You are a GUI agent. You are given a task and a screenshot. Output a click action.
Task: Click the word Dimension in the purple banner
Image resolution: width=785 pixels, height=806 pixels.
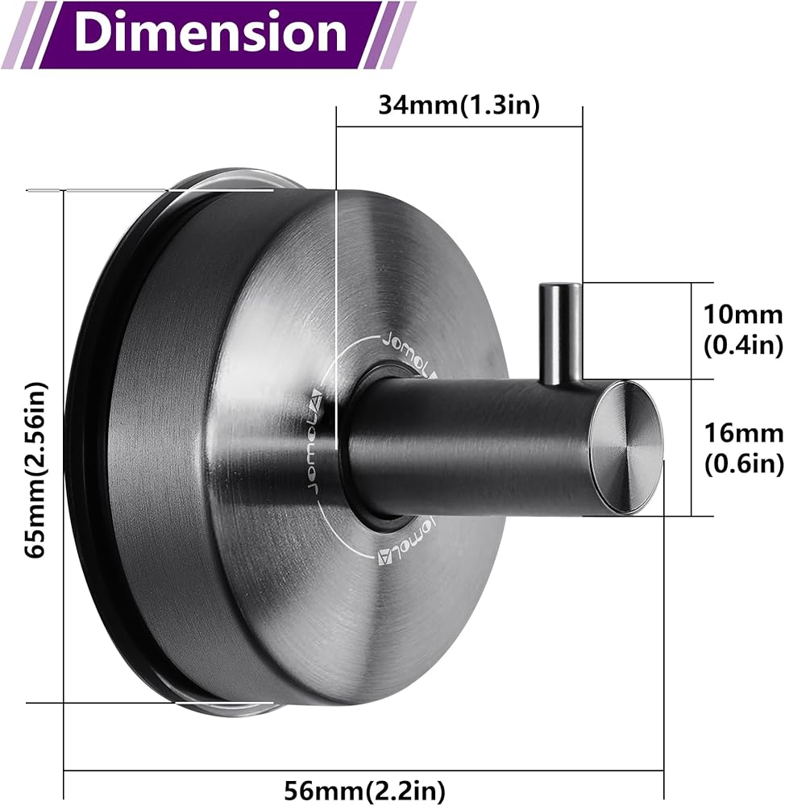point(210,33)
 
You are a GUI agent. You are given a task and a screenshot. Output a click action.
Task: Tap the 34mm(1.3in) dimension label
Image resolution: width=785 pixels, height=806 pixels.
point(459,106)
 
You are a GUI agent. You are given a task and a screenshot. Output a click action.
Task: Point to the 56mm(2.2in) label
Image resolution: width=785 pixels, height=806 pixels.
point(364,790)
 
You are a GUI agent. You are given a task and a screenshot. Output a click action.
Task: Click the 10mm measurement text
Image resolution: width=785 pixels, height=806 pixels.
point(743,314)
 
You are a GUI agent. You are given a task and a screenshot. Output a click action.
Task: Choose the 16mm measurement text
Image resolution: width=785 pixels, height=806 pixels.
point(743,433)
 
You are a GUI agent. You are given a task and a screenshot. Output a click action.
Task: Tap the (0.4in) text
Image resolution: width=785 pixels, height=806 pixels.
point(743,345)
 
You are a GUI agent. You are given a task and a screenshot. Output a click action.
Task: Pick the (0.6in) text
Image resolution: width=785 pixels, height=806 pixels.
point(743,464)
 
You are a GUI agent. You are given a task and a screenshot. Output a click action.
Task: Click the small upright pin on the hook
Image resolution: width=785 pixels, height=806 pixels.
point(560,333)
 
